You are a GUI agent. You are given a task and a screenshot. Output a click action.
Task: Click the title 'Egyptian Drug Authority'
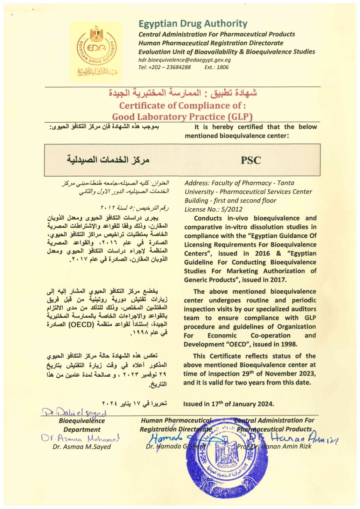[193, 24]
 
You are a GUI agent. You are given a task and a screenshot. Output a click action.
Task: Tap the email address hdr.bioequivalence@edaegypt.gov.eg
[184, 60]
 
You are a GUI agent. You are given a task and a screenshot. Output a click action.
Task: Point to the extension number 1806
[222, 67]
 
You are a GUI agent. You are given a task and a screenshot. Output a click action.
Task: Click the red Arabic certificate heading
[182, 93]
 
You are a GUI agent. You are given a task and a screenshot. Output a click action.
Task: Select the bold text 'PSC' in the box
[251, 160]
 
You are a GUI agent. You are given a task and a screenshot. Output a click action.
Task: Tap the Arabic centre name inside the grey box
[108, 159]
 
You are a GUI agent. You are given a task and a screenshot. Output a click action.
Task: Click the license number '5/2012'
[231, 209]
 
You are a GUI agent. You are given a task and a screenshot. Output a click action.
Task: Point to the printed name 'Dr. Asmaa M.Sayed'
[82, 447]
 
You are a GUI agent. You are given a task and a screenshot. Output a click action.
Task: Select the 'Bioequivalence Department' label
[82, 425]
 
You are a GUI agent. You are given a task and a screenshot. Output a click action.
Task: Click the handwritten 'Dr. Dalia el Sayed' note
[75, 413]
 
